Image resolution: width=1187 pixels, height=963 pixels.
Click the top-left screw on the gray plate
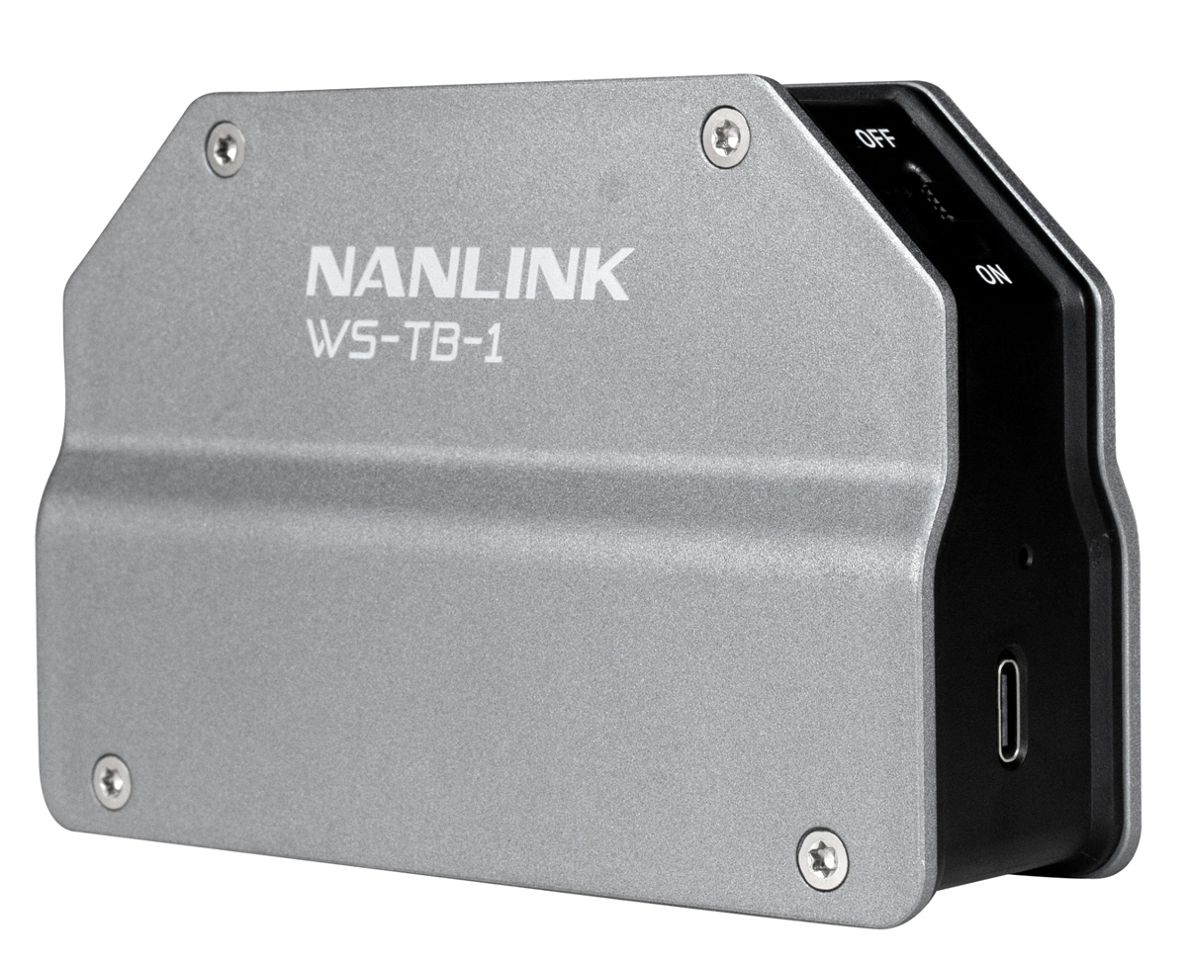click(x=225, y=148)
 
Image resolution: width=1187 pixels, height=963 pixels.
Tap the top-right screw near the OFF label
click(x=725, y=136)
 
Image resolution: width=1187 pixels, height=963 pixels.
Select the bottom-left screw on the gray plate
click(x=112, y=781)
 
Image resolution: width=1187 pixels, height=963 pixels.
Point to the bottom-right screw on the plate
click(x=823, y=857)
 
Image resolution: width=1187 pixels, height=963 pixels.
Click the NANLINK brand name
click(x=467, y=273)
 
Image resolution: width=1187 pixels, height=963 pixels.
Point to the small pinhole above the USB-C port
click(x=1026, y=556)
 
